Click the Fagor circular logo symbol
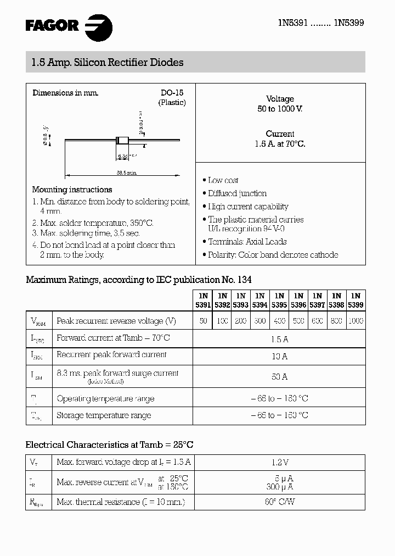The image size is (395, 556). [x=99, y=26]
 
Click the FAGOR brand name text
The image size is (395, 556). [x=52, y=25]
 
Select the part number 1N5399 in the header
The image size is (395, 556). [x=348, y=23]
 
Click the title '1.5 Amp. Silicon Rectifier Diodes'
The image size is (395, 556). [x=105, y=63]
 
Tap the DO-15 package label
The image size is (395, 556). [x=172, y=93]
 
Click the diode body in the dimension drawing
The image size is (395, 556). [x=122, y=141]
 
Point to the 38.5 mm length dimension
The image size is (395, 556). [x=126, y=173]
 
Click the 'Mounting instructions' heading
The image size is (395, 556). [x=72, y=190]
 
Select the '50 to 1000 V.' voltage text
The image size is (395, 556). [x=280, y=109]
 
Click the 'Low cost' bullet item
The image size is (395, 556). [x=223, y=180]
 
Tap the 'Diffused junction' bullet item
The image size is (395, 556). [x=237, y=193]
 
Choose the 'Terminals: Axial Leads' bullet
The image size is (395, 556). [x=247, y=242]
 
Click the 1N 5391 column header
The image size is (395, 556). [x=203, y=300]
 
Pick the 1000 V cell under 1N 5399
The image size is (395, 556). [x=355, y=321]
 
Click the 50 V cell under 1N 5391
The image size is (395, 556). [x=203, y=321]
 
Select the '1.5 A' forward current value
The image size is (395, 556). [x=279, y=339]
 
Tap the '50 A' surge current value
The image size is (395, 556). [x=279, y=377]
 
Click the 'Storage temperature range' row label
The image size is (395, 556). [x=104, y=416]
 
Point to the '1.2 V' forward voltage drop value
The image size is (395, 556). [x=279, y=463]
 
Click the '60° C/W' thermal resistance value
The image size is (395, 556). [x=279, y=502]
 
